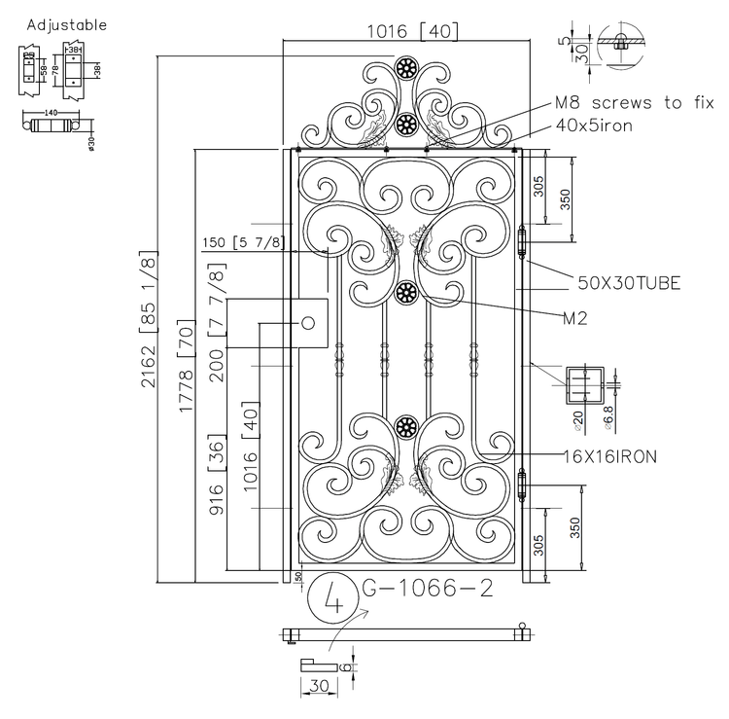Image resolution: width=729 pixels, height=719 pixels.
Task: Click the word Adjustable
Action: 67,24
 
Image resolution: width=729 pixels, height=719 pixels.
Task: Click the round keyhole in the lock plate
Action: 308,323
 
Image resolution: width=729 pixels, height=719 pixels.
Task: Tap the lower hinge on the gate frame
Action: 522,485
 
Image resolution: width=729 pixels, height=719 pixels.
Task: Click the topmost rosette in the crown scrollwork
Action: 406,68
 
